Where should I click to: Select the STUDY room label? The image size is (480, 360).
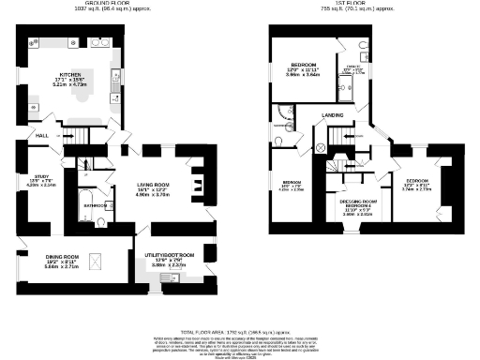click(41, 175)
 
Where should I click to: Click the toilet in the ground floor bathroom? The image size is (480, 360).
click(101, 223)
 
